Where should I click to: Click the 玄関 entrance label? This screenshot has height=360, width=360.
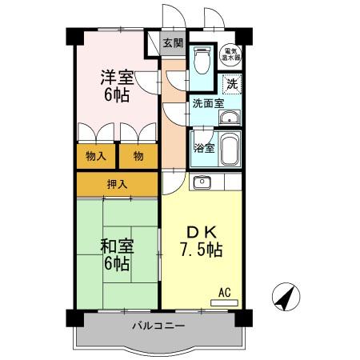[172, 42]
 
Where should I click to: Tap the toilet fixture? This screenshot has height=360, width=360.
[202, 58]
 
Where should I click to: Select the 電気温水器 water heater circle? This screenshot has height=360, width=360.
[232, 54]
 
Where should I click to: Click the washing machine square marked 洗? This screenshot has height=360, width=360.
[232, 82]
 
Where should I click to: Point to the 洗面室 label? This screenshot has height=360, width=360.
[206, 104]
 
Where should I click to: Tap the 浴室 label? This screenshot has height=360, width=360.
[203, 149]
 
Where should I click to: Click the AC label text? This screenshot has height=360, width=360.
[225, 293]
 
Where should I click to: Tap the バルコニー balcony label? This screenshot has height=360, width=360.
[159, 326]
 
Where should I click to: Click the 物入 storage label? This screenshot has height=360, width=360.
[97, 156]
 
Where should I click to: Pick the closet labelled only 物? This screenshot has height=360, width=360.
[138, 156]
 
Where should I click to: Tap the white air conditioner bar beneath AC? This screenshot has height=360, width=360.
[225, 302]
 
